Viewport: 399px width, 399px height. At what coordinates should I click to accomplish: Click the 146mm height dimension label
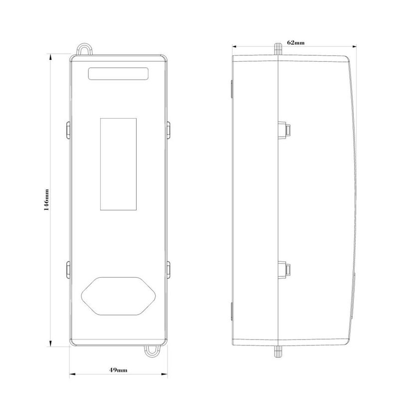point(46,200)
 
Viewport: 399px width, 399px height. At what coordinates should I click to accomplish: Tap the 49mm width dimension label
point(118,370)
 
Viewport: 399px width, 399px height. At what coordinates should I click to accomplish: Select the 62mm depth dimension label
point(296,42)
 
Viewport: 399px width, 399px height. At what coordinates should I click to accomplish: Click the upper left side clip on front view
point(68,130)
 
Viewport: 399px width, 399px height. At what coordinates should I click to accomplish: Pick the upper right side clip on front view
point(169,130)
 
